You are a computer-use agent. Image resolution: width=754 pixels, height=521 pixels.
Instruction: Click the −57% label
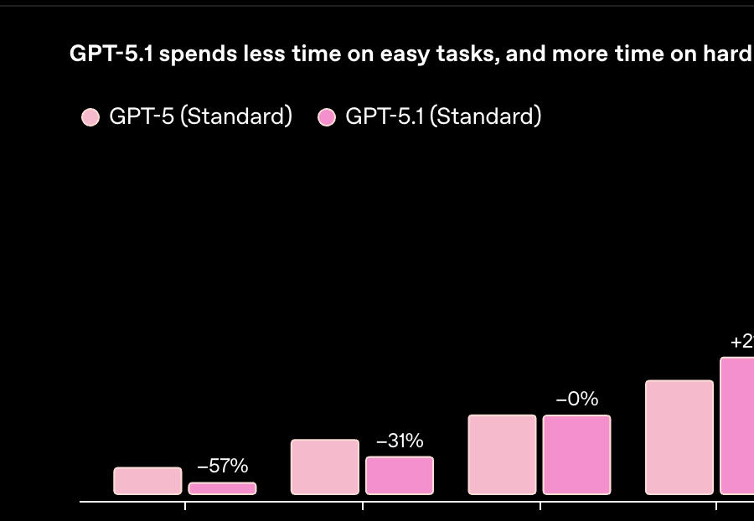click(x=222, y=467)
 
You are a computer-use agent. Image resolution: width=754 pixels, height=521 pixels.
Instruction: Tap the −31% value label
click(x=400, y=441)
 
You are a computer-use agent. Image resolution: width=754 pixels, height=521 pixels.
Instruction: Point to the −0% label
click(x=577, y=400)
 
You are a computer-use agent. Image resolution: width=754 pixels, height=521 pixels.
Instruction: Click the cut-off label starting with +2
click(x=741, y=342)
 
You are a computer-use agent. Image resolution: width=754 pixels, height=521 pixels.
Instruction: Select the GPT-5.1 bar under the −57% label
click(x=222, y=488)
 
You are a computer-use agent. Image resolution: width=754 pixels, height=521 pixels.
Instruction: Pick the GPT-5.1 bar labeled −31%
click(x=400, y=475)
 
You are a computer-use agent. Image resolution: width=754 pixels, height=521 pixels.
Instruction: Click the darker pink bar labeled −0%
click(x=577, y=455)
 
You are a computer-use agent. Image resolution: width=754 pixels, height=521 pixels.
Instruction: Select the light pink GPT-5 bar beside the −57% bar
click(x=147, y=481)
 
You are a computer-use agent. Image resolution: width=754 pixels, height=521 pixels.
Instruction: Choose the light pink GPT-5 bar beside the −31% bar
click(x=325, y=467)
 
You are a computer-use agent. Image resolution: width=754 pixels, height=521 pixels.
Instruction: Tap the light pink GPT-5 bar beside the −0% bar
click(x=503, y=454)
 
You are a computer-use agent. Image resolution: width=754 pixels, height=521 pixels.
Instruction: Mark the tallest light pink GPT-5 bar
click(x=679, y=437)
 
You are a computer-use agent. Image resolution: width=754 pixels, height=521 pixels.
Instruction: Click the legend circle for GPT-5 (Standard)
click(x=90, y=117)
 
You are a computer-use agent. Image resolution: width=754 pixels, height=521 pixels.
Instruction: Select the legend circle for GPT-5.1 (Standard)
click(x=327, y=117)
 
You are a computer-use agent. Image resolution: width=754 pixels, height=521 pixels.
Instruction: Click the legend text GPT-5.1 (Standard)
click(x=443, y=116)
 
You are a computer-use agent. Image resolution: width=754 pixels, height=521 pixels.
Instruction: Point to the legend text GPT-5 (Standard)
click(x=200, y=116)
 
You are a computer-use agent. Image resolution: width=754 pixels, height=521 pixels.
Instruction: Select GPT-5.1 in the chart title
click(x=111, y=54)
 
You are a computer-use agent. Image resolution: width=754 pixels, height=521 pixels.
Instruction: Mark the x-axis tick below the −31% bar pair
click(x=363, y=505)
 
